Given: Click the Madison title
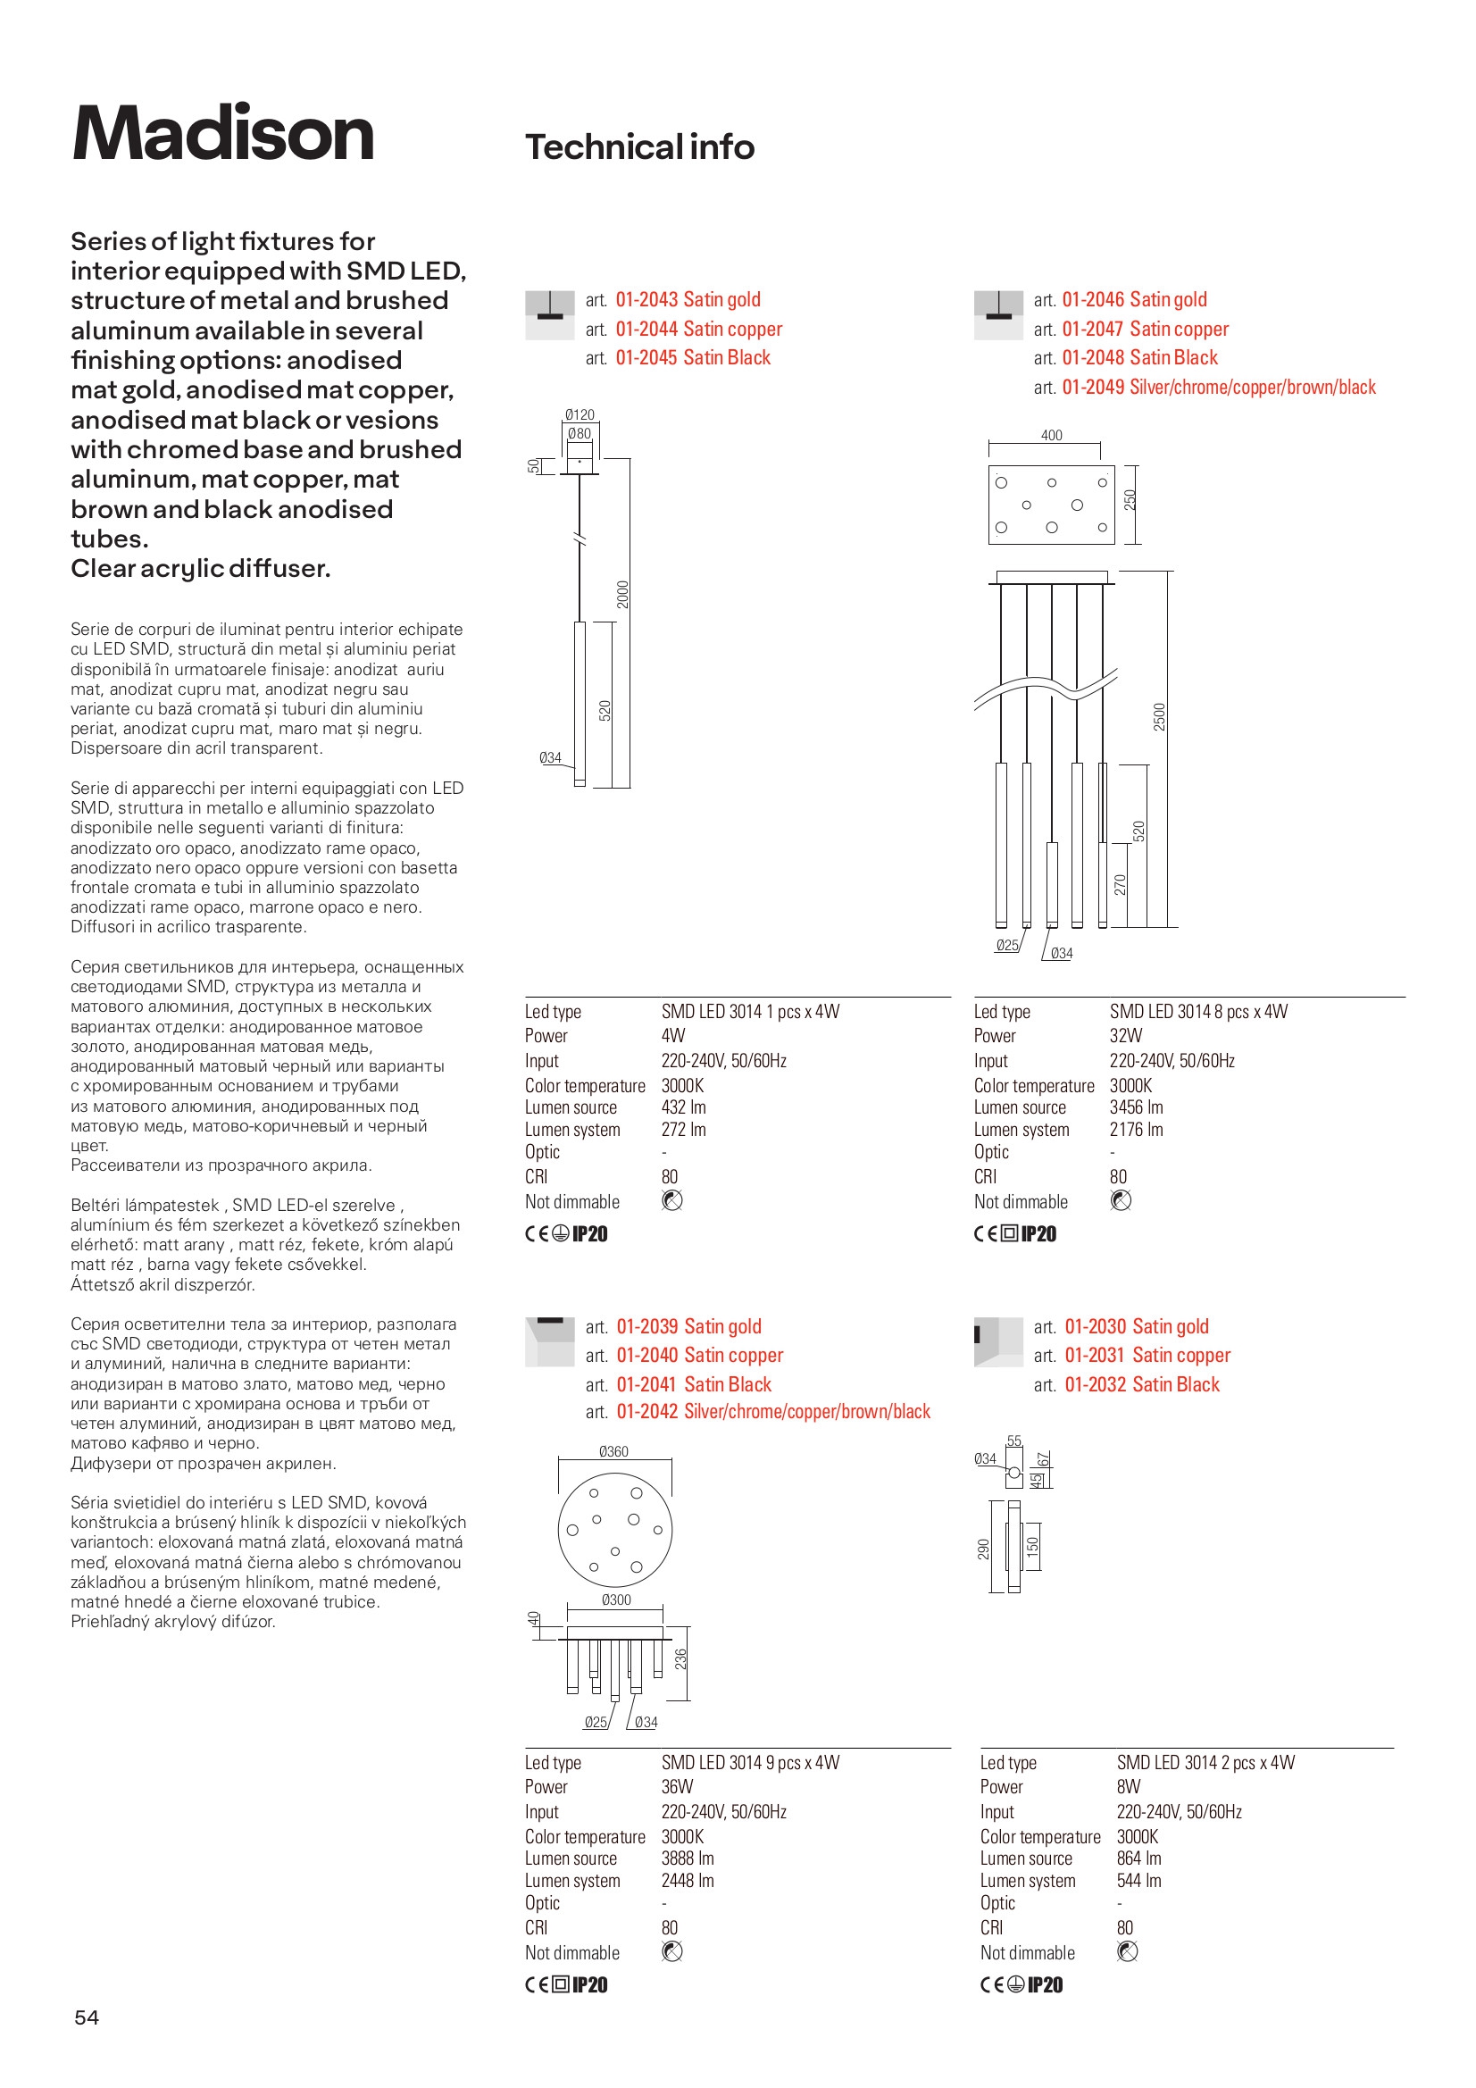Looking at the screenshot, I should (x=223, y=135).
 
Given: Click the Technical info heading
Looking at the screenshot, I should (x=639, y=147).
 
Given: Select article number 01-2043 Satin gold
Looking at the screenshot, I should (x=688, y=300).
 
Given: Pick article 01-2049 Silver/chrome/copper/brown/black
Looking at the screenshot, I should (x=1218, y=388).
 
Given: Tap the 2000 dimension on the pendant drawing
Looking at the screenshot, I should (x=623, y=595).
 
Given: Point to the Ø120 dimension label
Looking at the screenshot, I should (x=580, y=414).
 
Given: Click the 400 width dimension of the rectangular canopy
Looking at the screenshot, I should (x=1051, y=436).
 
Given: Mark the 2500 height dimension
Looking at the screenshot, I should (x=1160, y=716).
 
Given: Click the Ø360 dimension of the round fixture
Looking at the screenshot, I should (x=613, y=1451).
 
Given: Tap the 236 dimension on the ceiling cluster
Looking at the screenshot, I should (x=681, y=1659).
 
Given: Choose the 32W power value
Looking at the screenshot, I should (x=1125, y=1036).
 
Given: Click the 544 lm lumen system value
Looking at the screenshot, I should (x=1138, y=1880).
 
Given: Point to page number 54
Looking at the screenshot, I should (x=87, y=2017).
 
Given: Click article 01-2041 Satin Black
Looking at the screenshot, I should (x=693, y=1384).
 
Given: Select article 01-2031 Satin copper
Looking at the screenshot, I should (x=1147, y=1355).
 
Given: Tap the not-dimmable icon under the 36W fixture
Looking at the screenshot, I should (x=672, y=1951).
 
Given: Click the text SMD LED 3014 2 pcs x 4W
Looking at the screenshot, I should (x=1205, y=1762).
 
